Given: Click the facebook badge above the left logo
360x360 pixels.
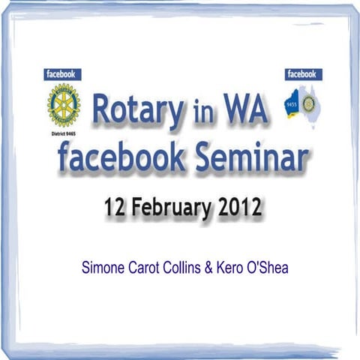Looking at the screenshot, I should [63, 74].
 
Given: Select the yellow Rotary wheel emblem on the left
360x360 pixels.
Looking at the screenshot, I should [64, 103].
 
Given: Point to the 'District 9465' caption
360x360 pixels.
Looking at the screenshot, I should [64, 129].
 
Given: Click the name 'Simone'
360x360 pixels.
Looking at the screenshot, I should [103, 266].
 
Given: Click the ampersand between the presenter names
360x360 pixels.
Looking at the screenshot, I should [214, 266].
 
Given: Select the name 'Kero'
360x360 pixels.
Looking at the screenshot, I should [235, 266].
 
